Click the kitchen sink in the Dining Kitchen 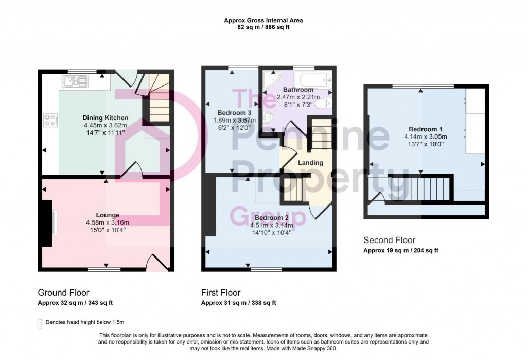tap(75, 80)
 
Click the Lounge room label tap(108, 215)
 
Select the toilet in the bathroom tap(321, 105)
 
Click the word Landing tap(311, 163)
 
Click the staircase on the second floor tap(420, 188)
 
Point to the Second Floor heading tap(389, 240)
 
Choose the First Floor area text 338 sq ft tap(261, 303)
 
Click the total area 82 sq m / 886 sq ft tap(263, 27)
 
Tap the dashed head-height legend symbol tap(40, 323)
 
